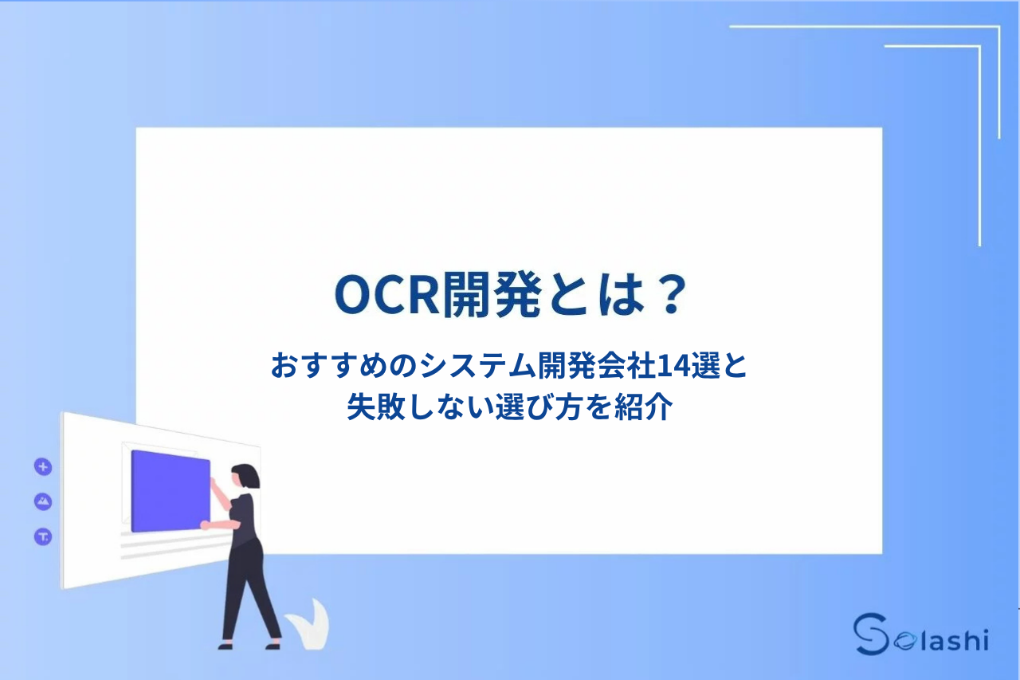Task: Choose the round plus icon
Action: (43, 467)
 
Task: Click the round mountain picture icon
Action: (43, 501)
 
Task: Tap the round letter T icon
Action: (43, 537)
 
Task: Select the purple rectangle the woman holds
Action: (170, 491)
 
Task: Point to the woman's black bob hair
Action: (245, 476)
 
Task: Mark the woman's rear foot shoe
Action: (226, 643)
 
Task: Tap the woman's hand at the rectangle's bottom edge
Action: (205, 525)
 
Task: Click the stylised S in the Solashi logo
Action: (869, 635)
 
